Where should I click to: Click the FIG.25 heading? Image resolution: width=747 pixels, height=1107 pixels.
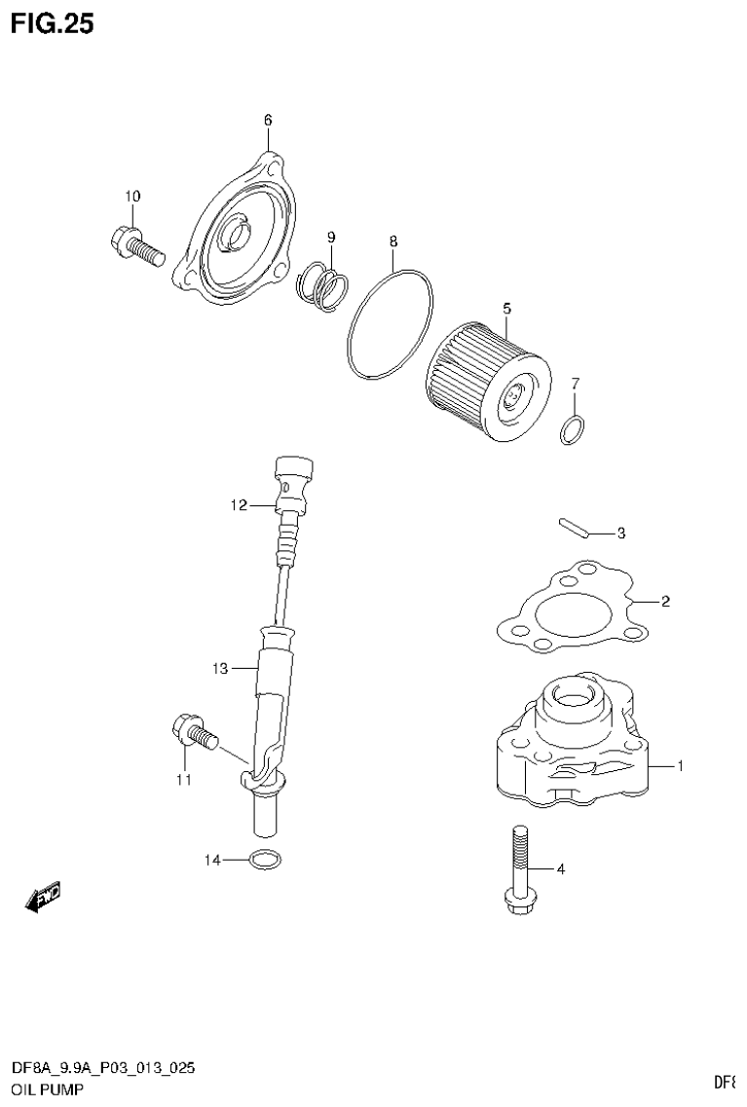pos(53,23)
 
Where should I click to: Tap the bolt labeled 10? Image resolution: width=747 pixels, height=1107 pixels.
pos(134,247)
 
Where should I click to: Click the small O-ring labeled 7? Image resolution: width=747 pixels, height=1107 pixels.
pos(574,428)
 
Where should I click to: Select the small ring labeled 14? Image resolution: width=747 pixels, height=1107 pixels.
pos(264,860)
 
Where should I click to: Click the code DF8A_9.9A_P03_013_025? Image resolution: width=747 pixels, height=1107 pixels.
pos(102,1068)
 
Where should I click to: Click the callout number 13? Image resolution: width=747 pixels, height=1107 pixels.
pos(219,668)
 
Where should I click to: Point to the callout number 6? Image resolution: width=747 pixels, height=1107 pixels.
pos(267,120)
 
